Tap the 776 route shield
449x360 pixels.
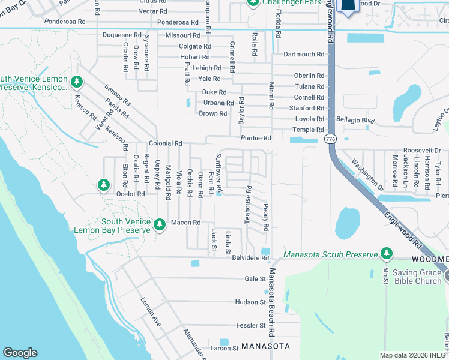pyautogui.click(x=330, y=139)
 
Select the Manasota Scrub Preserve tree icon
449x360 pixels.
pyautogui.click(x=387, y=253)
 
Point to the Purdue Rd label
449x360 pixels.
pyautogui.click(x=256, y=138)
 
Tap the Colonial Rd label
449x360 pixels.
pyautogui.click(x=166, y=143)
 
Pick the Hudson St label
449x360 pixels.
pyautogui.click(x=250, y=302)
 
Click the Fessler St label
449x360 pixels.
pyautogui.click(x=250, y=325)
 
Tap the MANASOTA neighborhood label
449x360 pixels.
pyautogui.click(x=266, y=347)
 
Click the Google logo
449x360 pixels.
pyautogui.click(x=20, y=353)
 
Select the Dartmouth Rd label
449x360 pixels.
pyautogui.click(x=303, y=54)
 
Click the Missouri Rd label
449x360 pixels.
pyautogui.click(x=178, y=35)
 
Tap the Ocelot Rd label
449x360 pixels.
pyautogui.click(x=131, y=194)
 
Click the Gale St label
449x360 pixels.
pyautogui.click(x=255, y=279)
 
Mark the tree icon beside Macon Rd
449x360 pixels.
pyautogui.click(x=159, y=224)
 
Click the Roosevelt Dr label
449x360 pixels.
pyautogui.click(x=421, y=151)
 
